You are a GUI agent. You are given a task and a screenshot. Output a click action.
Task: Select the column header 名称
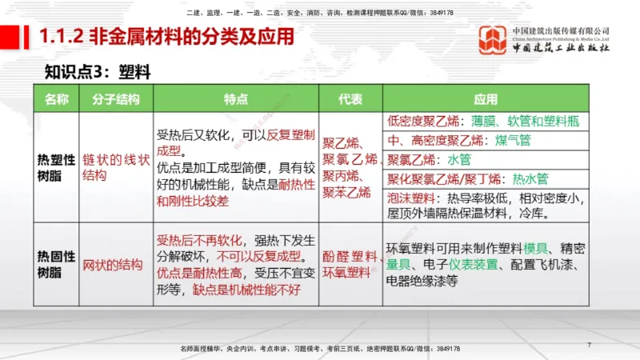tap(56, 99)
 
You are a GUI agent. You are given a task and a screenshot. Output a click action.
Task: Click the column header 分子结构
tap(116, 99)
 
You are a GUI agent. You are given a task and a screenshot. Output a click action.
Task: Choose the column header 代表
tap(350, 99)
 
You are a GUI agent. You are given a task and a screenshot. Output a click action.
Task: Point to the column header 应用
tap(486, 99)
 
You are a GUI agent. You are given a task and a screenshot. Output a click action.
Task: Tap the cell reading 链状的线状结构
tap(116, 167)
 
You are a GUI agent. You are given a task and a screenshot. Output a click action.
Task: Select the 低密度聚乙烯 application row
tap(486, 122)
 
